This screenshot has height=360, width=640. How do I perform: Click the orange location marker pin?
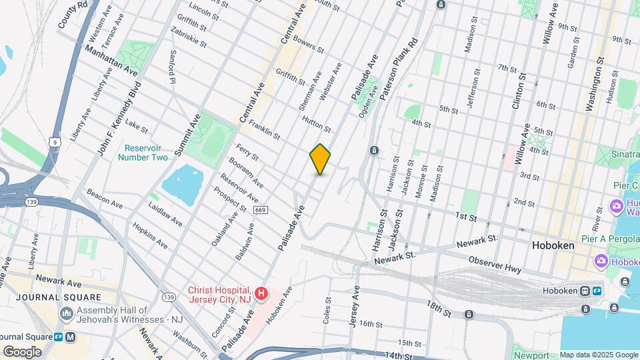[320, 159]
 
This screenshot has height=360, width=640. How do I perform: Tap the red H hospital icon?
[261, 293]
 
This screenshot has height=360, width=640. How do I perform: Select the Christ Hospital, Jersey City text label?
[219, 294]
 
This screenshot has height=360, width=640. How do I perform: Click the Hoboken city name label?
[553, 245]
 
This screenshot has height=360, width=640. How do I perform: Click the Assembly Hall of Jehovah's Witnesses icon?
[67, 313]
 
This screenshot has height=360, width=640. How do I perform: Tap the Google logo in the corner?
[22, 351]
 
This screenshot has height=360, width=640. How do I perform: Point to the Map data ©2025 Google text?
[599, 355]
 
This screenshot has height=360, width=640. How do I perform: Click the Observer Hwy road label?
[494, 263]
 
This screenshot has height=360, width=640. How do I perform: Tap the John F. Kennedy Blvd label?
[120, 119]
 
